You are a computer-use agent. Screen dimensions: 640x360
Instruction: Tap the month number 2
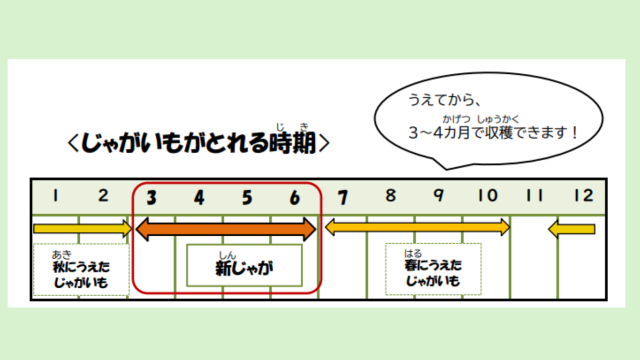104,197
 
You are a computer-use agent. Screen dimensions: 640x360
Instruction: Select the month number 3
151,198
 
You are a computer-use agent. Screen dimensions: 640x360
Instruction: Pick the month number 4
199,198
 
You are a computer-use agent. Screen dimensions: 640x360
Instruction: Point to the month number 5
247,198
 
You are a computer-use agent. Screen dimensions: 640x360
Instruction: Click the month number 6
295,198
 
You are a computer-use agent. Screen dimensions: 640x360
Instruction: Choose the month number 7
342,197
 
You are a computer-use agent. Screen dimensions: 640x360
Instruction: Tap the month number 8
390,197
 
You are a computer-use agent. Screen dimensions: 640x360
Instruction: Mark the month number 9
438,197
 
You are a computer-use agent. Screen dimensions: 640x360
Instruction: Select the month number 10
486,197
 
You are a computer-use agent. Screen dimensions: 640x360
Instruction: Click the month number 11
535,197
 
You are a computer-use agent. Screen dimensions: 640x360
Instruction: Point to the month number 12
583,197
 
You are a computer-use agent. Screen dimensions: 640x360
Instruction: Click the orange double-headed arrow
226,230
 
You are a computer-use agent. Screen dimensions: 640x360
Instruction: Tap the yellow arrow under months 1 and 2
81,230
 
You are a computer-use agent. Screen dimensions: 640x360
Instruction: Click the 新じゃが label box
244,266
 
